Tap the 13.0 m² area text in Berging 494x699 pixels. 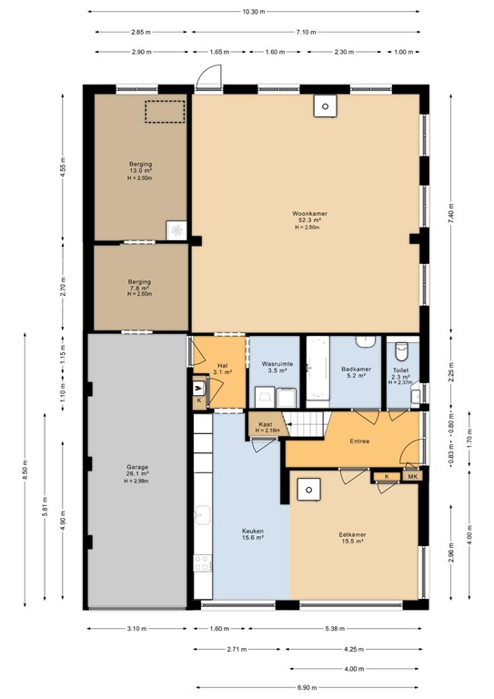(140, 171)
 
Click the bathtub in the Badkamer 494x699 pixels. (317, 369)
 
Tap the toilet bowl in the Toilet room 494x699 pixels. (401, 349)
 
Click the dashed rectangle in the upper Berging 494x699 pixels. (165, 111)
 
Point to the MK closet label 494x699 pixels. (411, 477)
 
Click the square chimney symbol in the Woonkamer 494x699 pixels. (323, 106)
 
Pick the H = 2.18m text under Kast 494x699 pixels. (266, 430)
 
